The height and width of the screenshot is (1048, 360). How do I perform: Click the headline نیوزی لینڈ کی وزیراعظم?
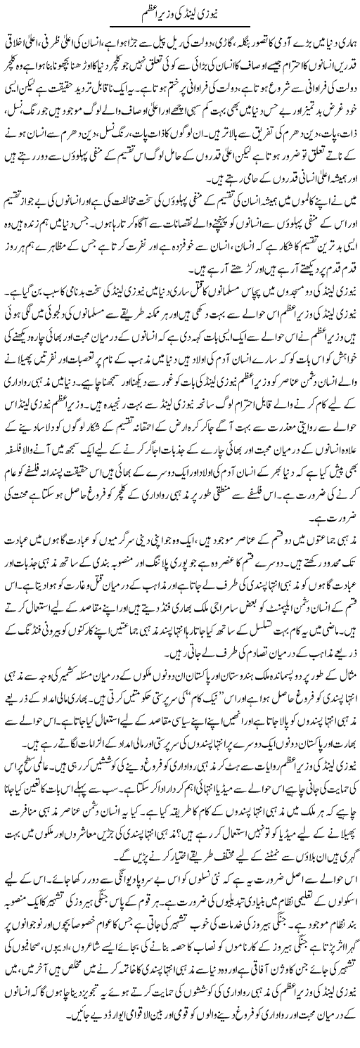[180, 15]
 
